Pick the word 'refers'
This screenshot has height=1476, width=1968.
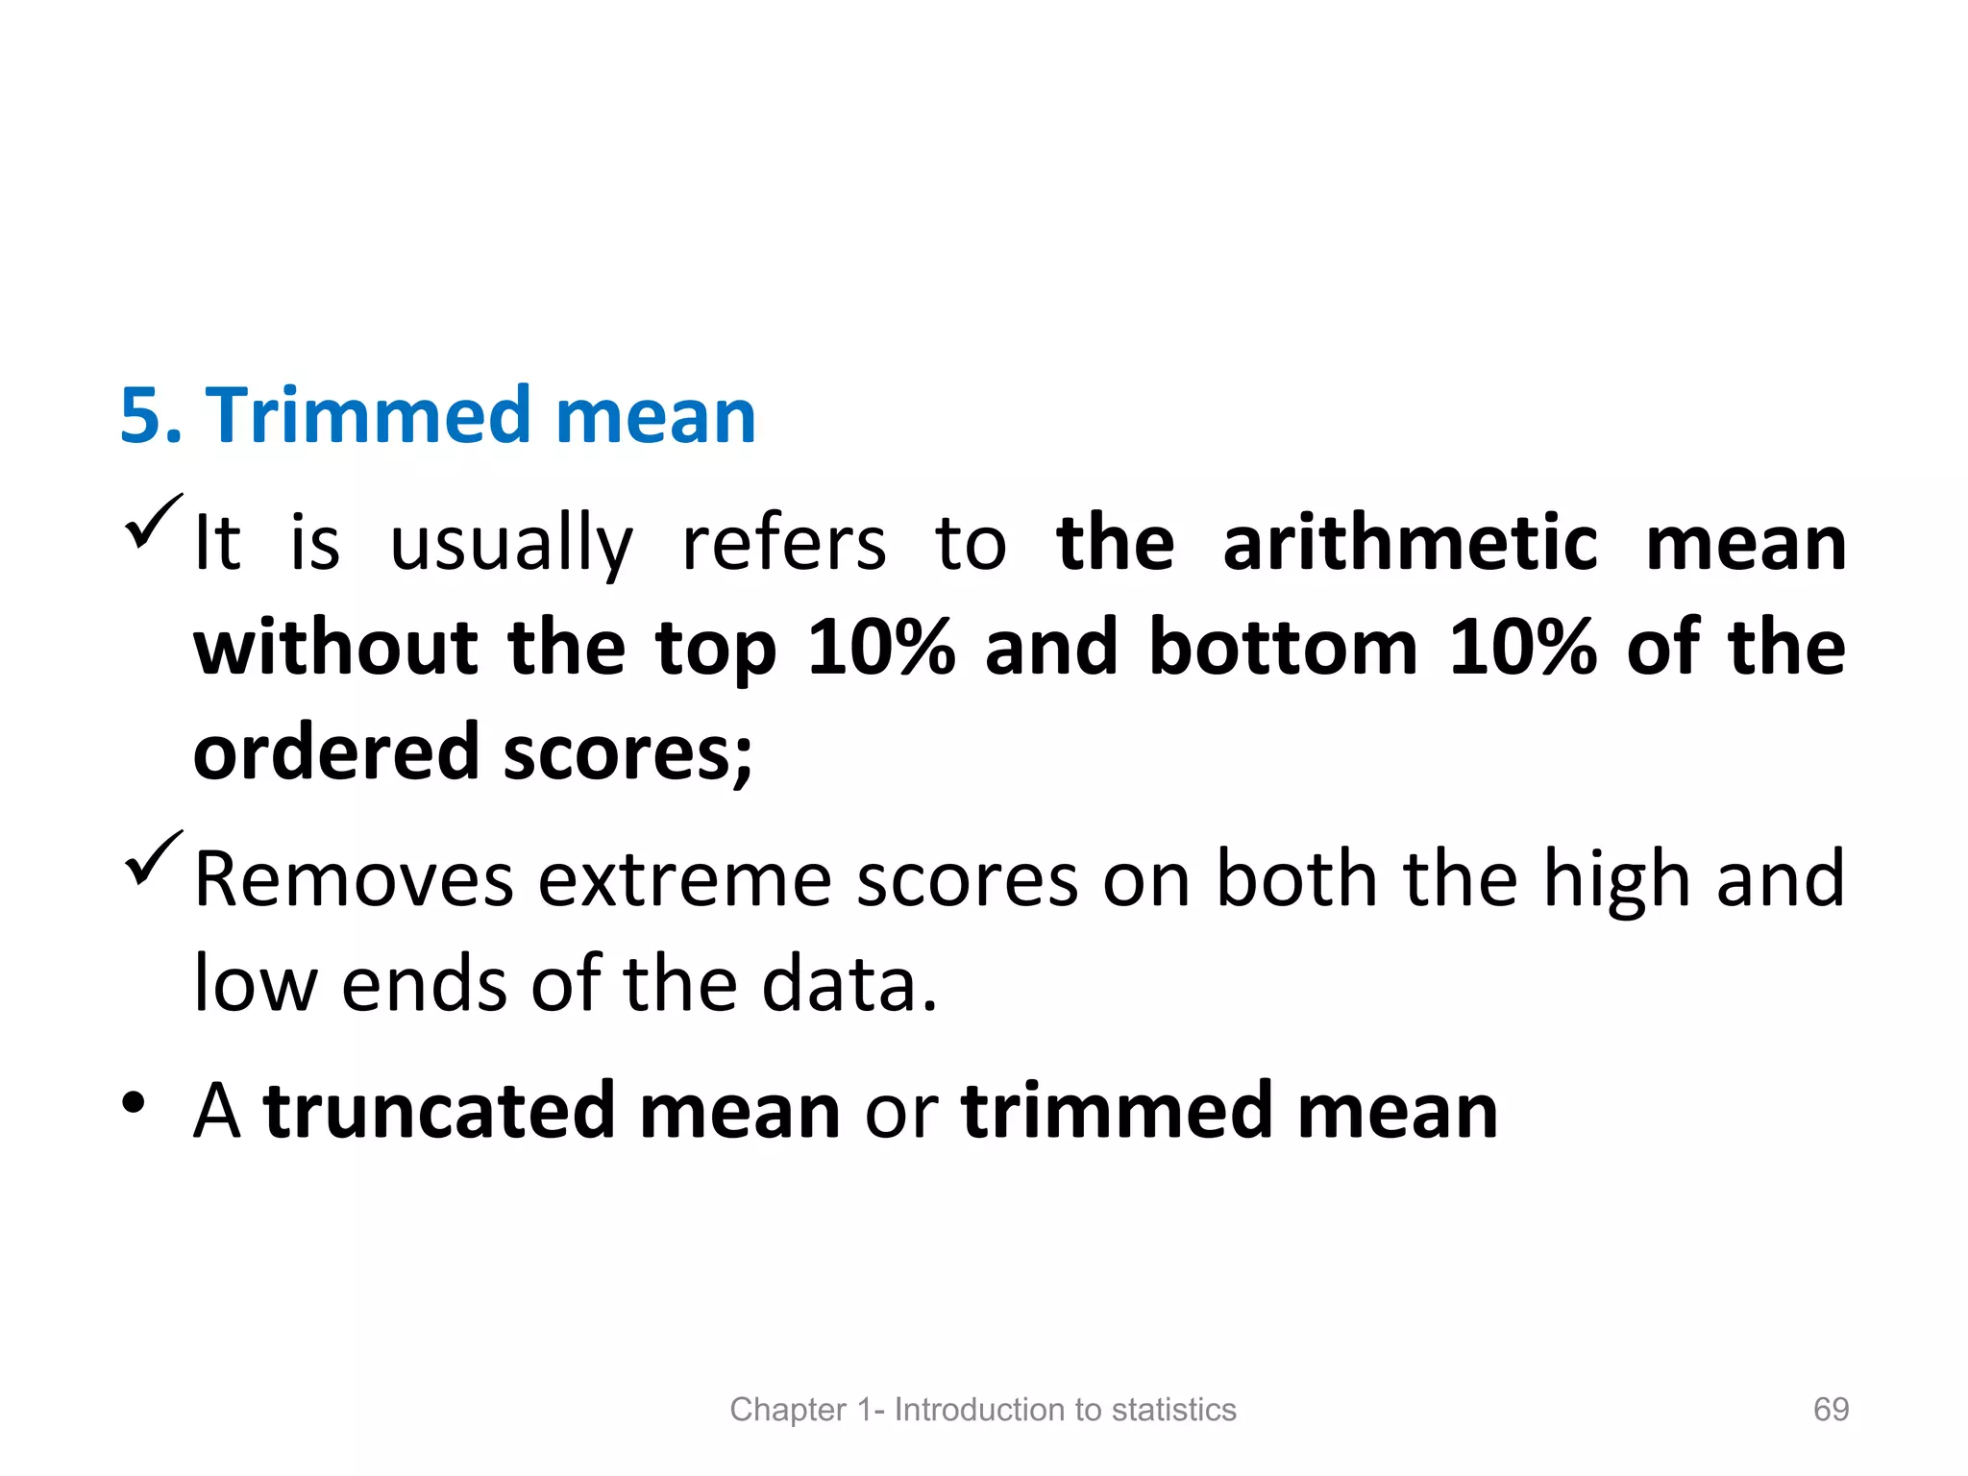pos(783,544)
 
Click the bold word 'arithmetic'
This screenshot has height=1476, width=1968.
pos(1410,544)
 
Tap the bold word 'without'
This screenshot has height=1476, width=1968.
pos(336,648)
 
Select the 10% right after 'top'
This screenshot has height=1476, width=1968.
pos(881,648)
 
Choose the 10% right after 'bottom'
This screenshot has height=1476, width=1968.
pos(1522,648)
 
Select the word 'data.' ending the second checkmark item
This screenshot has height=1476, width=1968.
pos(849,984)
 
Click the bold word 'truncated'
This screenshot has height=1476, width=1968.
pos(439,1111)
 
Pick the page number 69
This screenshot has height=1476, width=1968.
pos(1831,1409)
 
